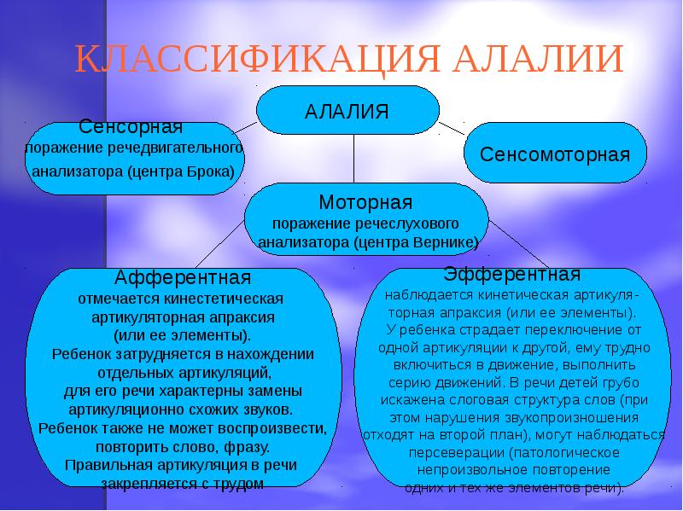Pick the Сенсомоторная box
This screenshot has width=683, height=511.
555,155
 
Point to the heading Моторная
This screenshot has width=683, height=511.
365,203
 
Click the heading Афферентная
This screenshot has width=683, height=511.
183,279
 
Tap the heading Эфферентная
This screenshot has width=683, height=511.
512,275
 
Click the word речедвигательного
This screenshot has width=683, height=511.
186,148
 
